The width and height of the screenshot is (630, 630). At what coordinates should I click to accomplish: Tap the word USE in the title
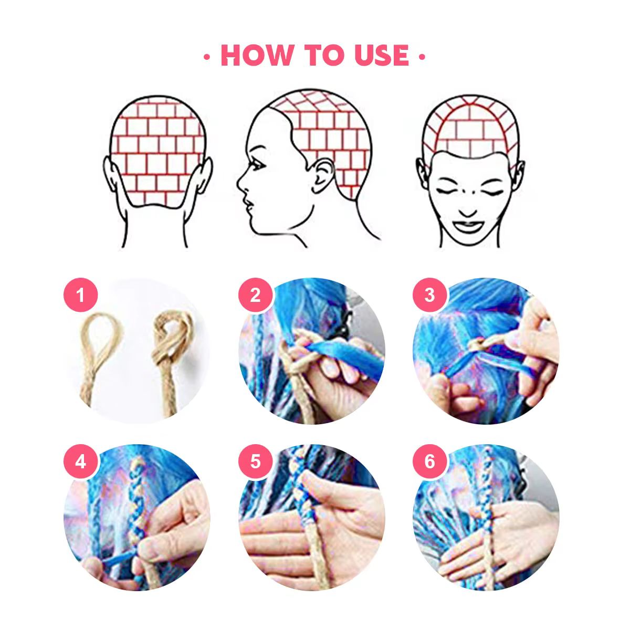click(382, 55)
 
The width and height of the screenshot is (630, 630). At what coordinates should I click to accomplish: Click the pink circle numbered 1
click(80, 295)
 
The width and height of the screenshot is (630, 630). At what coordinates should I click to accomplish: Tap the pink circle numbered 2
click(255, 295)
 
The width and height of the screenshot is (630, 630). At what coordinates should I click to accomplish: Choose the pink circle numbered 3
click(429, 295)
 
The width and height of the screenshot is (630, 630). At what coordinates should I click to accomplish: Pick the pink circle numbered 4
click(80, 461)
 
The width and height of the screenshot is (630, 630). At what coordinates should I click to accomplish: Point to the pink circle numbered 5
click(255, 461)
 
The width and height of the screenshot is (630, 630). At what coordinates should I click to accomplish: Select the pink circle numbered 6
click(429, 461)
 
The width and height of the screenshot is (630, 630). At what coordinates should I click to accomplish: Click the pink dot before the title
click(207, 57)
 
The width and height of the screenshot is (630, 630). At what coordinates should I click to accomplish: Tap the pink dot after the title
click(422, 57)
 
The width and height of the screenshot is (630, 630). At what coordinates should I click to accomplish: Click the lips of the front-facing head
click(468, 226)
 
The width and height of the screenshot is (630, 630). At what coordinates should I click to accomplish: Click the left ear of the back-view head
click(111, 174)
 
